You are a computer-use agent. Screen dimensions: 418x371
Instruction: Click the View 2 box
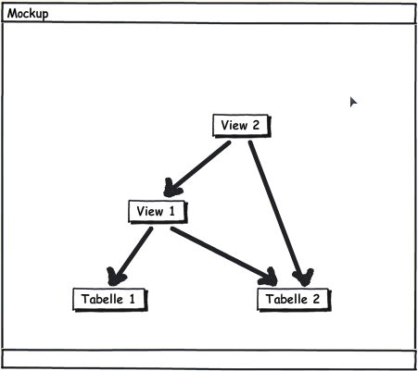242,126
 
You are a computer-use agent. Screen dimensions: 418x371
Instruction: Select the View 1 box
158,212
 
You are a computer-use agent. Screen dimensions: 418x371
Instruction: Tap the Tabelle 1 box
110,300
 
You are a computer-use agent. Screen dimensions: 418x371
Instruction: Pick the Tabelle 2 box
294,300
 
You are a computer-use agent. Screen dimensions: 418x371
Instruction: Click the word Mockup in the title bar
28,14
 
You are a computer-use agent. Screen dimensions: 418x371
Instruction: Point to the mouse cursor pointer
353,102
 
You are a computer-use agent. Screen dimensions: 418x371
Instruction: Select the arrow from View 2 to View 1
197,169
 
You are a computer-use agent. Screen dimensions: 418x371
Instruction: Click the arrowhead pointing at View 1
171,188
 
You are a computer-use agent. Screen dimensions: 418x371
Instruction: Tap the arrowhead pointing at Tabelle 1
116,277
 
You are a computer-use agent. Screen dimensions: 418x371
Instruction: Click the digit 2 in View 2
256,125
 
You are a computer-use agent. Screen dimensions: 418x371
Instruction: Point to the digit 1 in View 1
172,211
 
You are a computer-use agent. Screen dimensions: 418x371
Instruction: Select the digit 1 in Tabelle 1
132,299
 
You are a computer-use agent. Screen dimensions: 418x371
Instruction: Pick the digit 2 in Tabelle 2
316,299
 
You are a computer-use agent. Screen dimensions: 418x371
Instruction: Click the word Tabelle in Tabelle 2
286,299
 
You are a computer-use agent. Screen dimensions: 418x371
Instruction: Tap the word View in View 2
234,125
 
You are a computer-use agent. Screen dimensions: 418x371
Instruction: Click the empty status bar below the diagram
209,359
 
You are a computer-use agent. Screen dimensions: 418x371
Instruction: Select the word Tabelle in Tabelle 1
102,299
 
